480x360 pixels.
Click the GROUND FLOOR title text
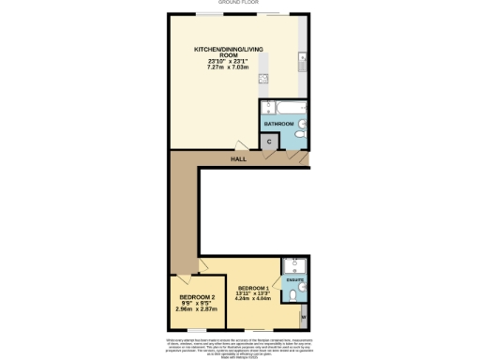point(239,3)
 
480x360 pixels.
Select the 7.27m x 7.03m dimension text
point(225,67)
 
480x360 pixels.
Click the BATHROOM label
point(278,124)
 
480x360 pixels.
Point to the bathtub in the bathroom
point(278,106)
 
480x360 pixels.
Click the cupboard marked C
point(270,142)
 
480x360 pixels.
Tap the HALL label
point(239,159)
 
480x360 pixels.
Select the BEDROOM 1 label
point(254,288)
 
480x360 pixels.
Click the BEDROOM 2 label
point(197,299)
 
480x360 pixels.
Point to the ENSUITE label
point(294,279)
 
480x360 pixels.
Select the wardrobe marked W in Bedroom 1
point(303,317)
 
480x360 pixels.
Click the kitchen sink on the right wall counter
point(302,64)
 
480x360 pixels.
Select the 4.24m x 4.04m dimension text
point(254,302)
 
